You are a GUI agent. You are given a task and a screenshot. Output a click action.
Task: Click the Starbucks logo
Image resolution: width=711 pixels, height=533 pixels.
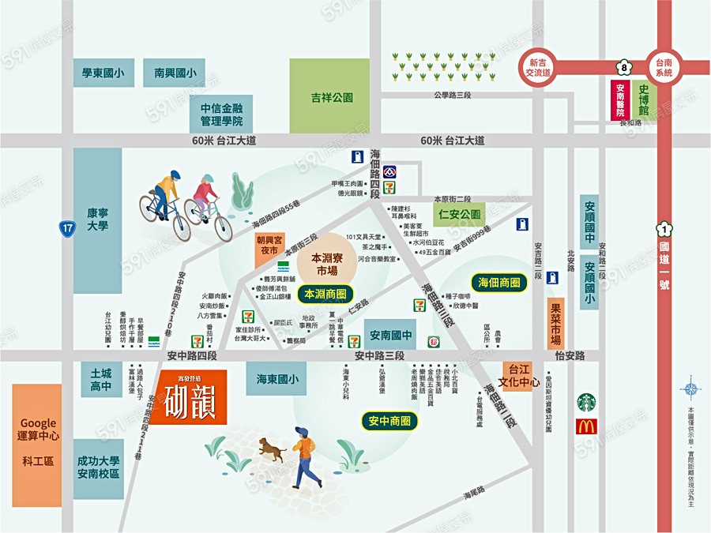pos(586,402)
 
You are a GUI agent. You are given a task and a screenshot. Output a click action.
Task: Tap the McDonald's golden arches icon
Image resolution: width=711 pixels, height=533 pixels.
pos(586,427)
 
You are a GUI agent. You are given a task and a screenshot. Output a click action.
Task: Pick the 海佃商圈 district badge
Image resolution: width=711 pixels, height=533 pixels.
pos(499,283)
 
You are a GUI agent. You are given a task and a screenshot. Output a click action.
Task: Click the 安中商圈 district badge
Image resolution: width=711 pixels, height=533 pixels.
pos(389,421)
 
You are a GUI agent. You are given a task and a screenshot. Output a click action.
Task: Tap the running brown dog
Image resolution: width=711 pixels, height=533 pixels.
pos(270,450)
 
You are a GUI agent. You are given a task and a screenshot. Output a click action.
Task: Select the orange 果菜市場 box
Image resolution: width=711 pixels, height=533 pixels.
pos(556,324)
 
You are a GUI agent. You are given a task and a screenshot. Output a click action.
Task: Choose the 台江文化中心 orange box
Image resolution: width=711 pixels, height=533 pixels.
pos(519,376)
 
